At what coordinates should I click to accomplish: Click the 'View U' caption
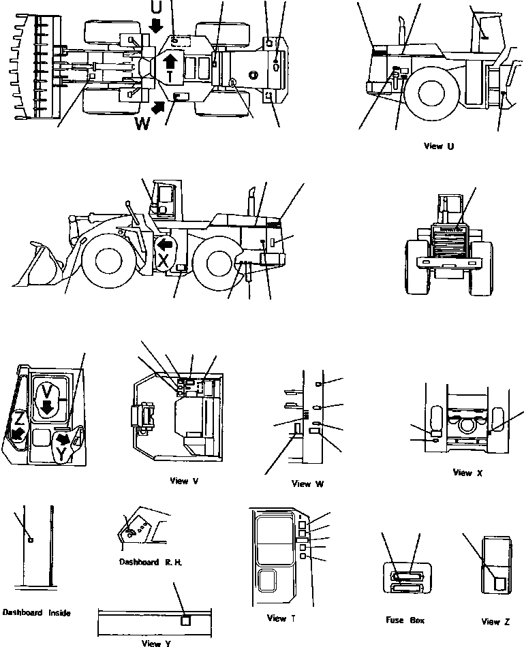[x=438, y=146]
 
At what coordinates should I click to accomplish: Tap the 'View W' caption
[x=307, y=484]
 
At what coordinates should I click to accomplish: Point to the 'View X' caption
[x=467, y=473]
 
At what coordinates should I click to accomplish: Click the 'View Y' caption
[x=151, y=642]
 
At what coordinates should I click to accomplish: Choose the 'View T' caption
[x=277, y=618]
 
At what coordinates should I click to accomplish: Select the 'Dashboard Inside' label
[x=36, y=612]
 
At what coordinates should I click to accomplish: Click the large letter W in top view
[x=142, y=123]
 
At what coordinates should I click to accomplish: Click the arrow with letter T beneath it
[x=170, y=65]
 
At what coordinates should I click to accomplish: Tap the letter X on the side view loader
[x=164, y=259]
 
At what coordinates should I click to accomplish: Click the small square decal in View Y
[x=185, y=620]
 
